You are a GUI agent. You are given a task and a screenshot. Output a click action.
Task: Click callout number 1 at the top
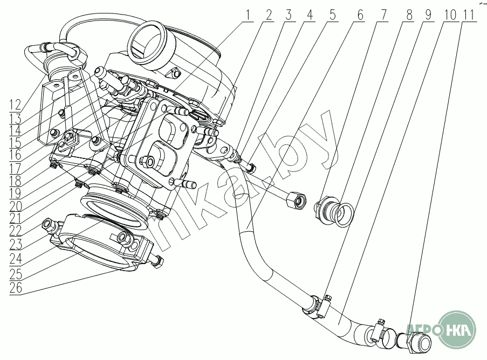248,15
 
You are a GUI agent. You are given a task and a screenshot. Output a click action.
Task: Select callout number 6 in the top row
360,15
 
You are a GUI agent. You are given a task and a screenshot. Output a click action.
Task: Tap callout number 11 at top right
469,15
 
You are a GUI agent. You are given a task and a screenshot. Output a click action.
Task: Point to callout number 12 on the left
15,105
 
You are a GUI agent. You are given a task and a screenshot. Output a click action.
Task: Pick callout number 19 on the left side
15,193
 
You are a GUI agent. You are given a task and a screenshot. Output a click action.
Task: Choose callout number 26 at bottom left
16,288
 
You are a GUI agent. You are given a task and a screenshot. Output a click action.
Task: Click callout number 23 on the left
16,245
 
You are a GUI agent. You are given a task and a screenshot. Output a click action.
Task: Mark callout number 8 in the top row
409,15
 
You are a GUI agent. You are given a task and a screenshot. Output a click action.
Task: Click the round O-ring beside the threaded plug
345,214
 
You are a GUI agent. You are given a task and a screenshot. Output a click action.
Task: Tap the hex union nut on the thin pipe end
297,201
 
